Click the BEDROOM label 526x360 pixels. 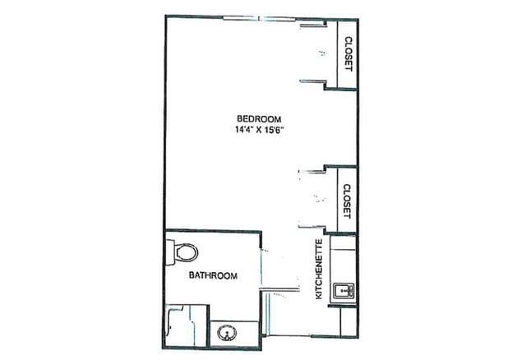[254, 117]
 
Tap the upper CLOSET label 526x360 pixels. [348, 54]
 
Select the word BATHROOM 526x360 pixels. [213, 275]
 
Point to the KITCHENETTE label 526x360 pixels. [317, 270]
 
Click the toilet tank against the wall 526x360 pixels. [169, 252]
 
